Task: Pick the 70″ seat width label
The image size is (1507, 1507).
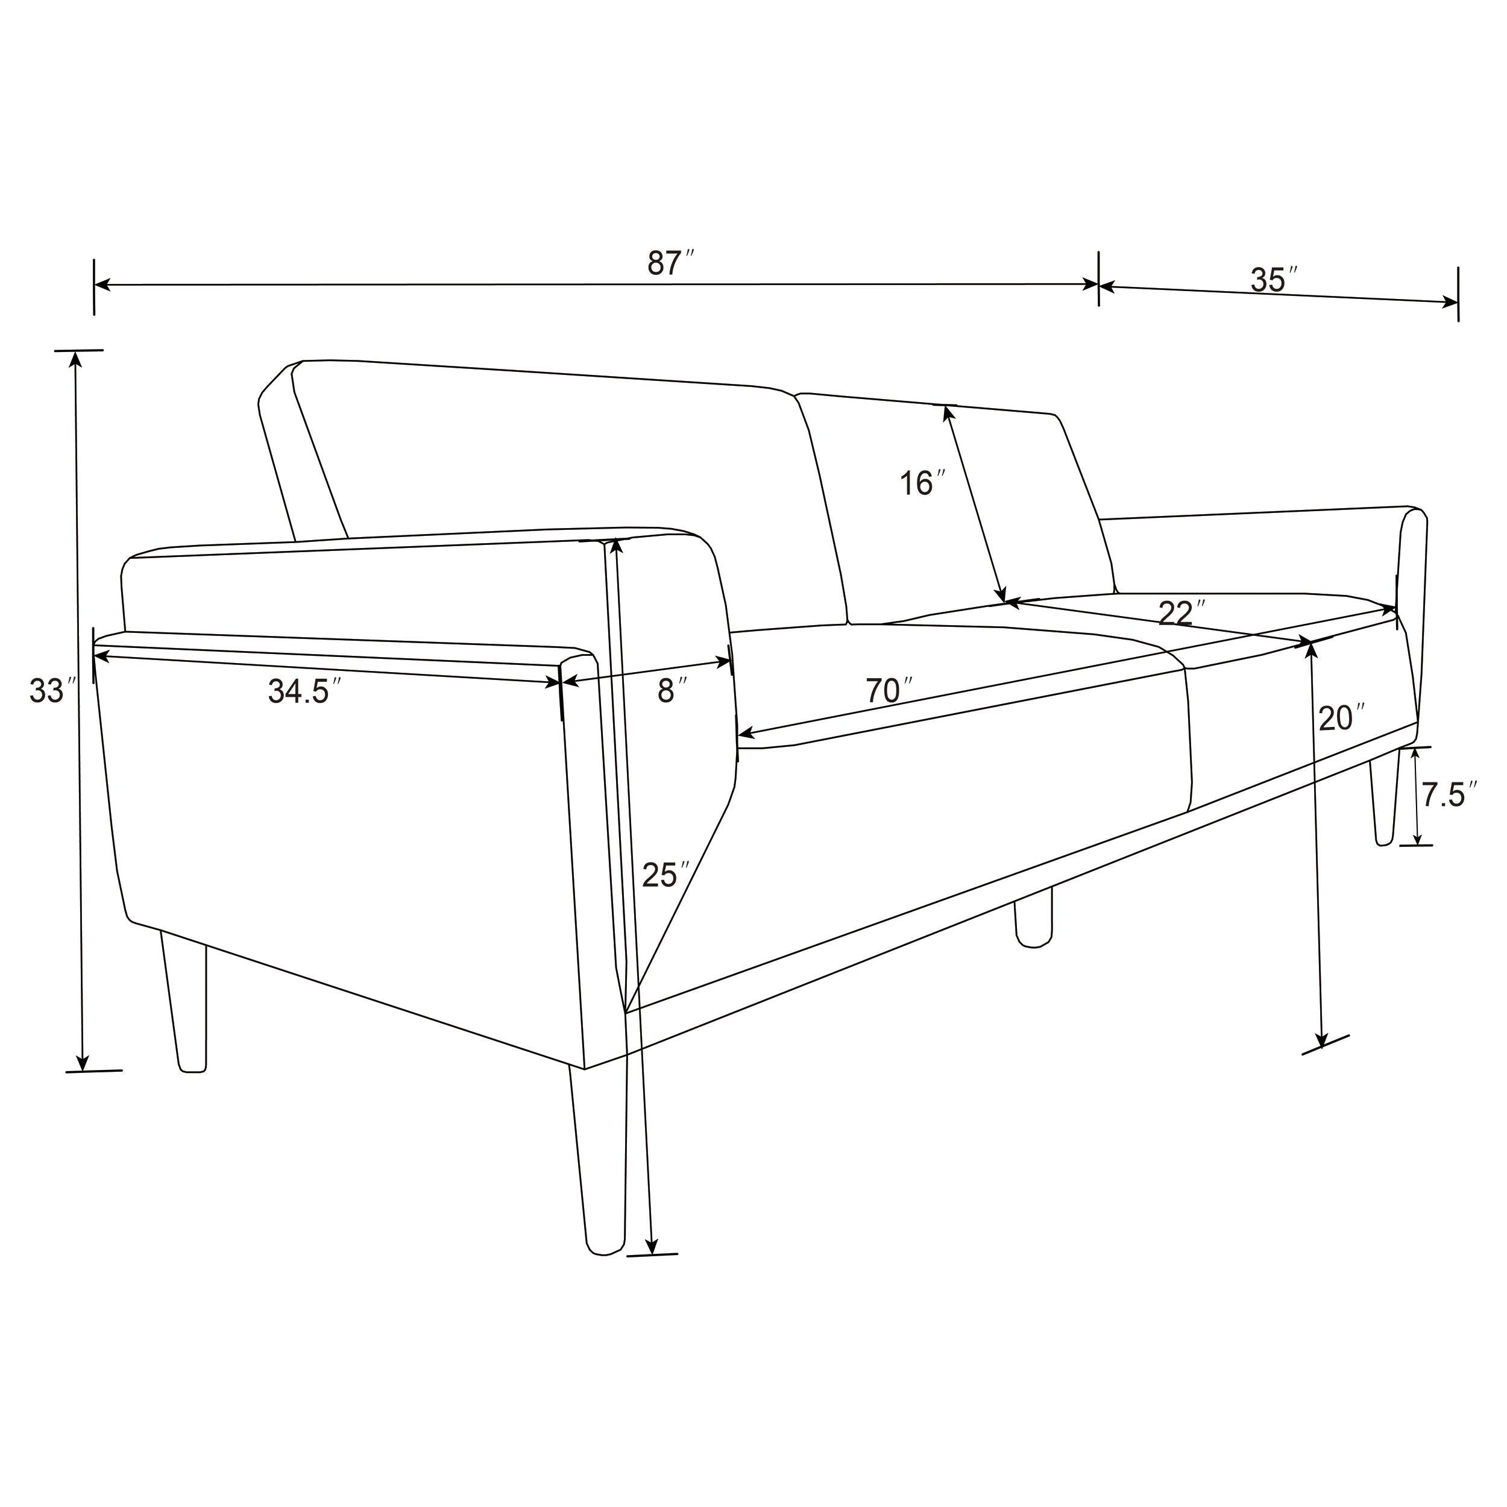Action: click(x=889, y=691)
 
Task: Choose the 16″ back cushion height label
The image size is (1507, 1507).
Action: click(x=922, y=483)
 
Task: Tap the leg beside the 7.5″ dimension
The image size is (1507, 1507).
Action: click(x=1384, y=796)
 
